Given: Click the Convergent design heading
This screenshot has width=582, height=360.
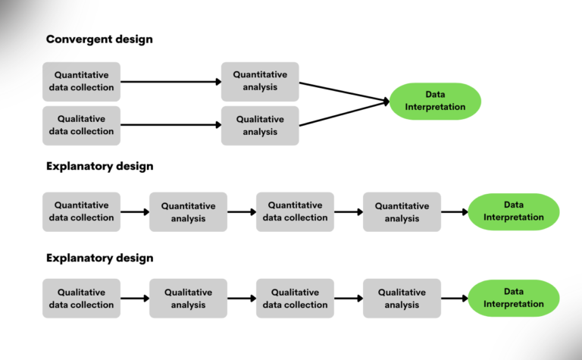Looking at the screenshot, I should point(99,39).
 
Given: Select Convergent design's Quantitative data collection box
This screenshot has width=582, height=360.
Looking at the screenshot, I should point(81,81).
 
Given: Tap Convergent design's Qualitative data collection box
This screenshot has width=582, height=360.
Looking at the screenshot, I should point(81,125).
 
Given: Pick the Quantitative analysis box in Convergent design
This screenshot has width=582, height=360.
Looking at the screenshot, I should point(260,81).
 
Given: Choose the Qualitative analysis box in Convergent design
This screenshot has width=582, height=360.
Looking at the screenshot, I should point(260,125).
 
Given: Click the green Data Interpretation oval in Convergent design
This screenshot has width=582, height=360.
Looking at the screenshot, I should point(435,101).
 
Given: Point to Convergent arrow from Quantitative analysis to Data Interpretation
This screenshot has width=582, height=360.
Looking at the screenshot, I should point(345,91).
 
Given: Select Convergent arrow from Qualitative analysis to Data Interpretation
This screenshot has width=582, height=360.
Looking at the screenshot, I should point(345,114).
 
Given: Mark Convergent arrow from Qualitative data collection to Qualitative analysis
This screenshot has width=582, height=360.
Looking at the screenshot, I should point(171,125).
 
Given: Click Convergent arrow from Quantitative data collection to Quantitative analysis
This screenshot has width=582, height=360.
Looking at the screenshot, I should point(171,81).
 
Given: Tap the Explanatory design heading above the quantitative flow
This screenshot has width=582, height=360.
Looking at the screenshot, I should point(99,166).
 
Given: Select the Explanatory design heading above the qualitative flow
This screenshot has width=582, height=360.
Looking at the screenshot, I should point(99,258).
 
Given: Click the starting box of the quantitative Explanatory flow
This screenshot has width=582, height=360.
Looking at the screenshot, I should point(81,211).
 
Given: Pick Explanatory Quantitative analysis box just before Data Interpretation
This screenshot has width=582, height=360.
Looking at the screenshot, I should point(402,211).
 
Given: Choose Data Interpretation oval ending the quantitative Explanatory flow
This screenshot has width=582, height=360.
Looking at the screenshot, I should point(513,211).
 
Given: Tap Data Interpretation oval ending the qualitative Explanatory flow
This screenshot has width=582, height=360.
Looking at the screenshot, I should point(513,298).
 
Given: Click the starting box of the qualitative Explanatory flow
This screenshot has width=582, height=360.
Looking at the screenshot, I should point(81,299).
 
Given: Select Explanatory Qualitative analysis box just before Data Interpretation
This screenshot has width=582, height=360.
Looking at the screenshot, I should point(402,299).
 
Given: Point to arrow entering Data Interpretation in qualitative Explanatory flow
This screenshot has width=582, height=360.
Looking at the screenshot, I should point(455,299).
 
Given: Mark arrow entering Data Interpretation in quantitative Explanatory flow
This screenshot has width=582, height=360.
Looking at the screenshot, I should point(455,212).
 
